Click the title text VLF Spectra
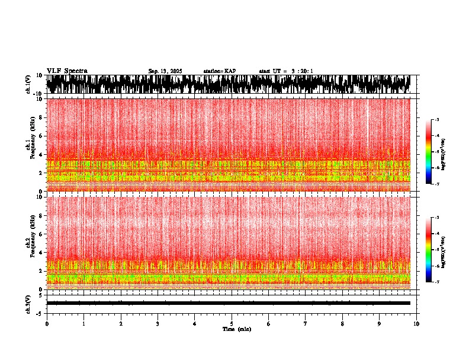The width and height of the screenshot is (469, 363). coord(67,71)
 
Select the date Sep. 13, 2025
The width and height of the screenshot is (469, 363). coord(165,71)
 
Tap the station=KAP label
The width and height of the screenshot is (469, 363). coord(220,71)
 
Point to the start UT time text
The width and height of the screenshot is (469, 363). coord(286,71)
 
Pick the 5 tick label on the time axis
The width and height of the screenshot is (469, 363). coord(232,324)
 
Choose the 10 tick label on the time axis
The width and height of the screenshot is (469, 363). coord(416,324)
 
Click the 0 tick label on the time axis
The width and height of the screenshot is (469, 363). coord(47,324)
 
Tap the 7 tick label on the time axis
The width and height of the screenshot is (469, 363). coord(306,324)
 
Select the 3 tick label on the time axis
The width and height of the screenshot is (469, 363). coord(158,324)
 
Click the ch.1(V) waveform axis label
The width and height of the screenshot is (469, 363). coord(28,84)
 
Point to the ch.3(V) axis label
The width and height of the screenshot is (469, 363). coord(28,303)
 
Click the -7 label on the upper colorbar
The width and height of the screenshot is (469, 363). coord(437,184)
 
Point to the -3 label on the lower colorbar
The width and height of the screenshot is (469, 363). coord(437,218)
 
